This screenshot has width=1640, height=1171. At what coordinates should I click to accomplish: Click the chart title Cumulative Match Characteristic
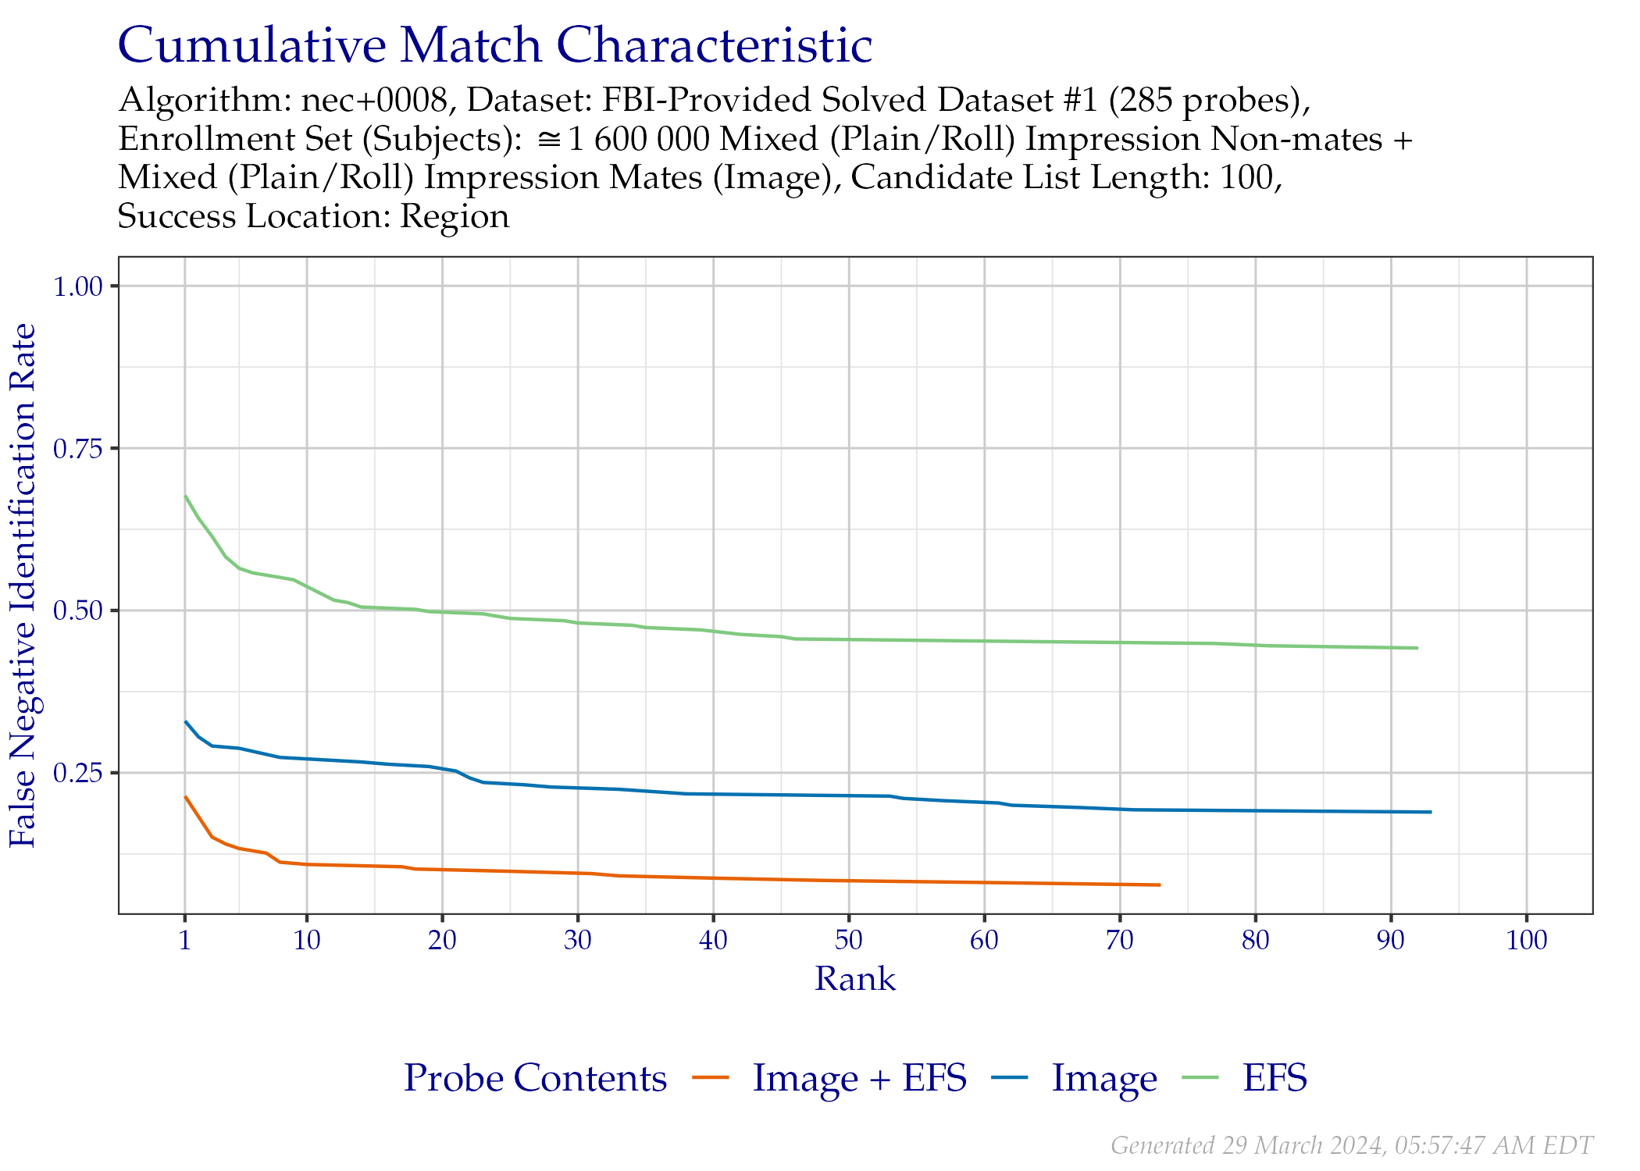tap(494, 46)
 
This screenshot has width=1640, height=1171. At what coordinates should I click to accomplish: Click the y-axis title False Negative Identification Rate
tap(23, 585)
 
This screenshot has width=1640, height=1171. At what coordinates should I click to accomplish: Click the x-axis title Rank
tap(855, 979)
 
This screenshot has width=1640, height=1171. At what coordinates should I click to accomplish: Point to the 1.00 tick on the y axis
tap(78, 286)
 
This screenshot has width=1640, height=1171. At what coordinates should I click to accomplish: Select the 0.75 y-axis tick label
tap(78, 448)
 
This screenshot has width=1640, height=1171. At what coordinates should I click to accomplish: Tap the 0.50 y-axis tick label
tap(78, 610)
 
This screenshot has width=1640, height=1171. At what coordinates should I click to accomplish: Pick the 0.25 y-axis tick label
tap(78, 773)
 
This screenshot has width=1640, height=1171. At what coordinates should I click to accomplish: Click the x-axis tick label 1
tap(184, 940)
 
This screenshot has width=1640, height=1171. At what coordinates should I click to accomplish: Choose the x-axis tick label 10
tap(307, 940)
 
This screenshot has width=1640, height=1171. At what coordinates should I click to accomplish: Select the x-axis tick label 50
tap(849, 940)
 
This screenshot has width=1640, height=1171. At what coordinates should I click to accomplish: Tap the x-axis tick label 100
tap(1527, 940)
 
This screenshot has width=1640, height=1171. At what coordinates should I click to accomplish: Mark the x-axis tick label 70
tap(1120, 940)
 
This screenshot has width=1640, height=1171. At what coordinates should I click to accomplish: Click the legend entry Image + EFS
tap(860, 1079)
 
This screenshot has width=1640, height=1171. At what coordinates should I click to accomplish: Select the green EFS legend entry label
tap(1275, 1079)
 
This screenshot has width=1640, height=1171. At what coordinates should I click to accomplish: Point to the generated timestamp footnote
tap(1351, 1145)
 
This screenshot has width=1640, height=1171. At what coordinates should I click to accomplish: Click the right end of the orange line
tap(1160, 884)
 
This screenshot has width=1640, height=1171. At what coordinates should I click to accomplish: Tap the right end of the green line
tap(1417, 648)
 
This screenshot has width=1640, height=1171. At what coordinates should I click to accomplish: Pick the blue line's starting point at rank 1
tap(185, 721)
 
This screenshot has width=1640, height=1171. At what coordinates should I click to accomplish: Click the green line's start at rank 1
tap(185, 495)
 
